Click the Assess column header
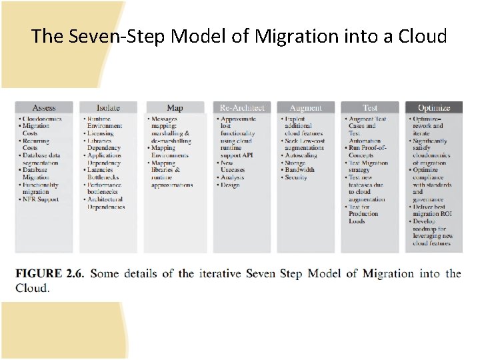[44, 107]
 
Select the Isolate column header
[108, 107]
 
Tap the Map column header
[175, 107]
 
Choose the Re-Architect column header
[243, 107]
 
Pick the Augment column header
[305, 107]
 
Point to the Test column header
[369, 107]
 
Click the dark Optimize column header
[433, 107]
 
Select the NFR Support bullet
[41, 199]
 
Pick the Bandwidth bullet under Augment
[302, 170]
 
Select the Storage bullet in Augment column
[297, 163]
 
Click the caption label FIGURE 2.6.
[49, 273]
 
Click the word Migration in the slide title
[287, 36]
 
